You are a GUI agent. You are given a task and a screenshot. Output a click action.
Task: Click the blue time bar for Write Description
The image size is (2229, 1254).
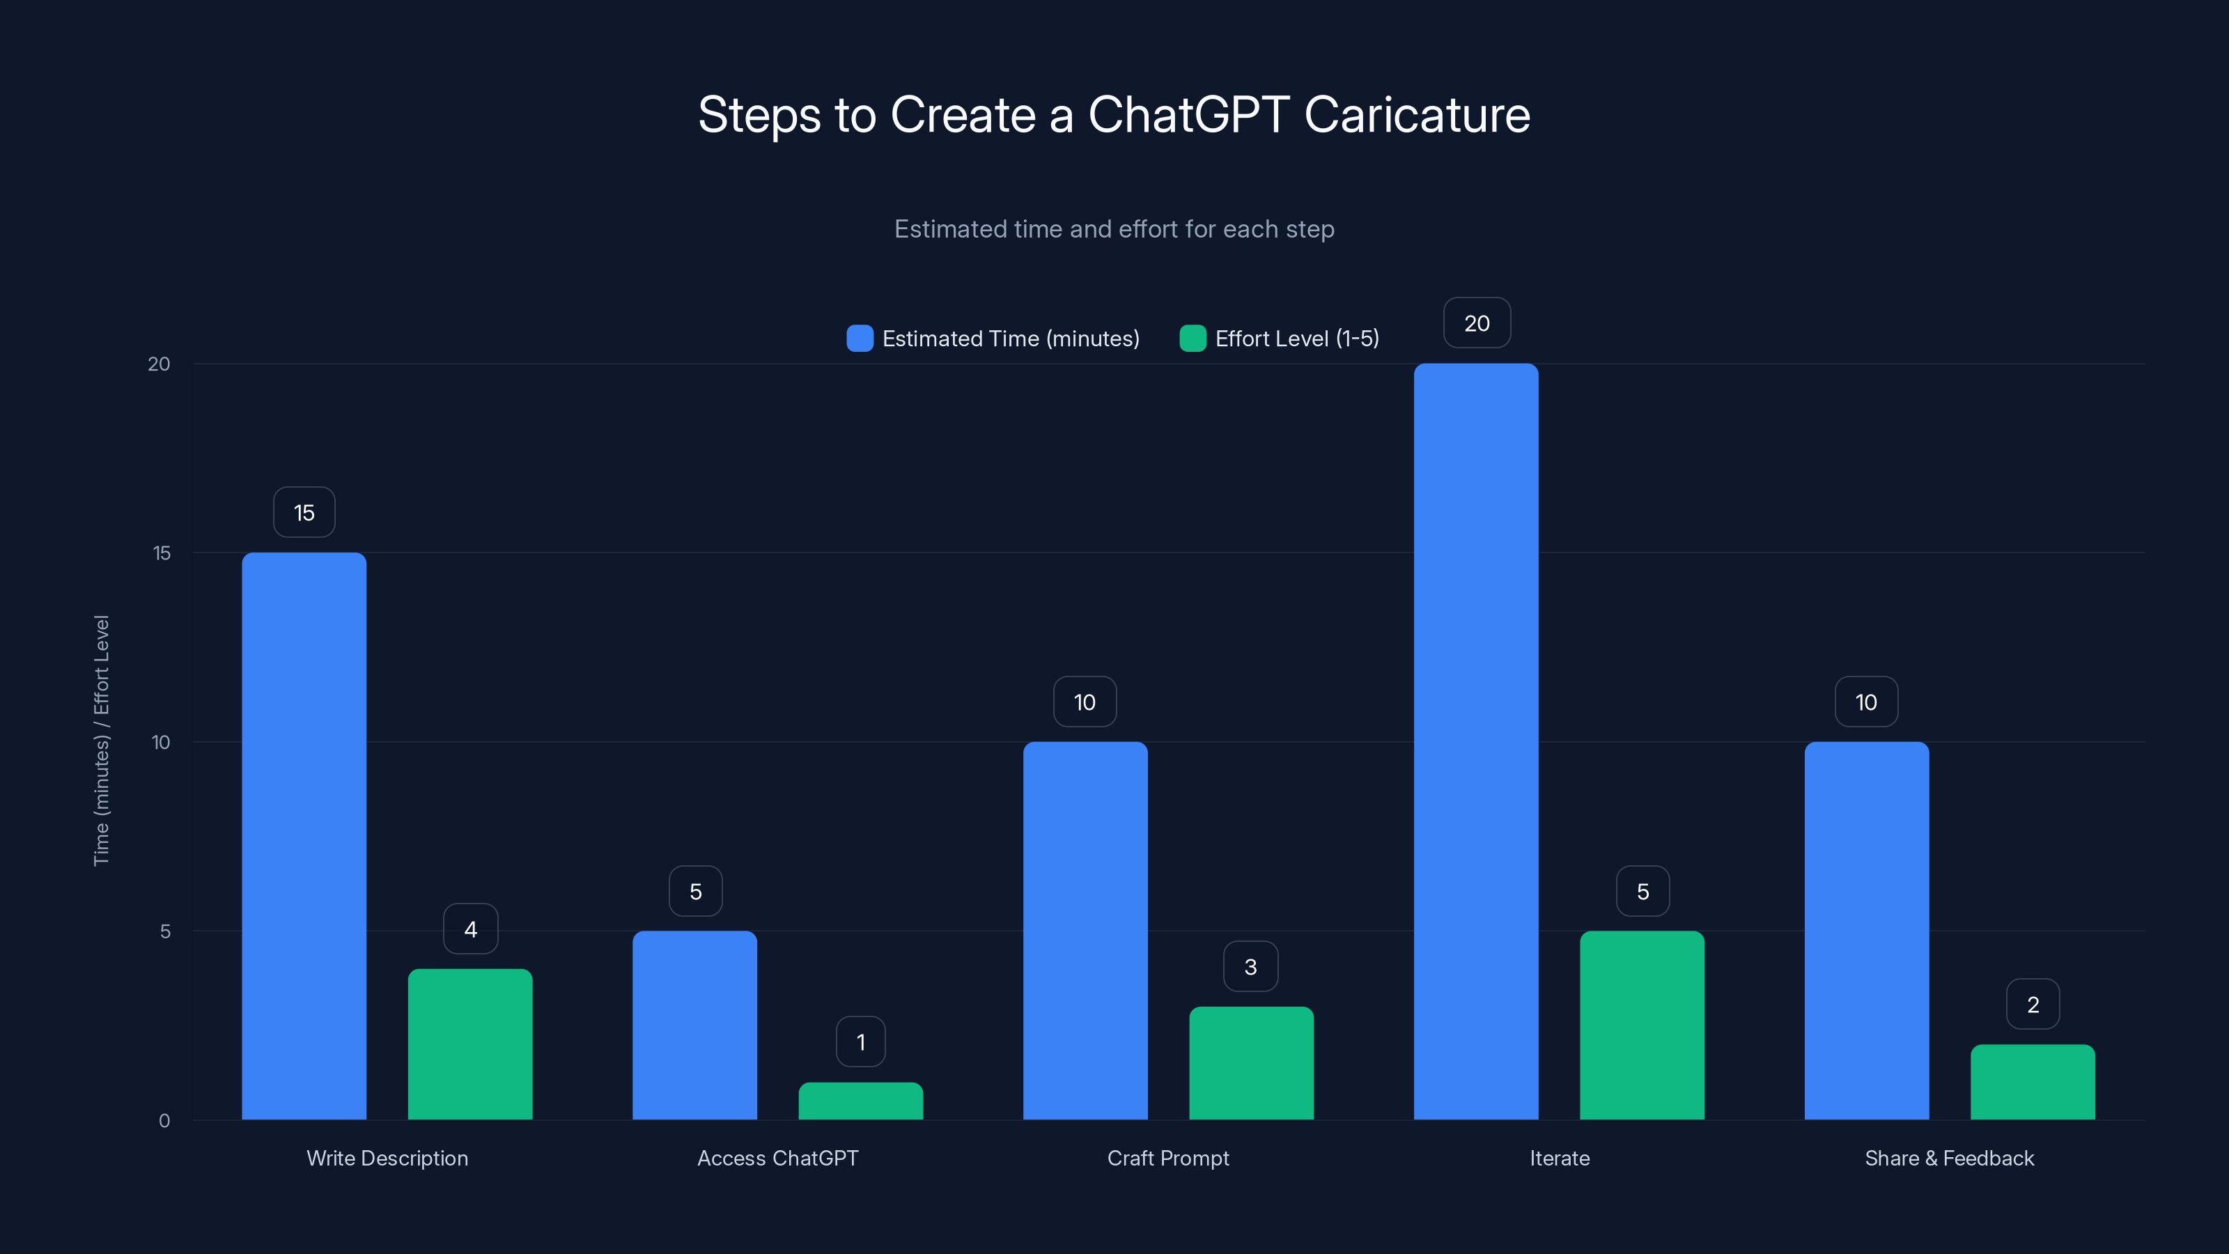click(x=304, y=836)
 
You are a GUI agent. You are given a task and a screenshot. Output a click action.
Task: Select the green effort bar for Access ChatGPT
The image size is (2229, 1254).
click(x=860, y=1101)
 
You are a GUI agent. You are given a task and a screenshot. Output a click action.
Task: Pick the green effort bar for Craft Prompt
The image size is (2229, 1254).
click(x=1251, y=1062)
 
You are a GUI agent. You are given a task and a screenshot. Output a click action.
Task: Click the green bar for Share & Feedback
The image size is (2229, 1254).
click(x=2033, y=1082)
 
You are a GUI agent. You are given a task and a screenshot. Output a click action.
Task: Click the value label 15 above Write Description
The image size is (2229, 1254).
click(x=304, y=512)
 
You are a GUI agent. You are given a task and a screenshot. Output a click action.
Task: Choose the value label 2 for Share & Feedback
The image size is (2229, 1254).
click(x=2033, y=1005)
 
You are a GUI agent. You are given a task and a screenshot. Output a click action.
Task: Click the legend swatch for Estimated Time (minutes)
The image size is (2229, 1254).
click(x=860, y=339)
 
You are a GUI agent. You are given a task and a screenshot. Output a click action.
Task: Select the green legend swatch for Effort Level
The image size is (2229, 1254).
click(x=1193, y=339)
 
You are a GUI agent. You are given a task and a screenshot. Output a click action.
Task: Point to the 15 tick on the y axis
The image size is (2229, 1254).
click(x=162, y=553)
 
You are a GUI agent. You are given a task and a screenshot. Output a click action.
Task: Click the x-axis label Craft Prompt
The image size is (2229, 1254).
click(x=1168, y=1158)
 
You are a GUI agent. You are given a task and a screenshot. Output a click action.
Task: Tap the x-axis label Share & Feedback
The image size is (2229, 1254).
click(x=1950, y=1158)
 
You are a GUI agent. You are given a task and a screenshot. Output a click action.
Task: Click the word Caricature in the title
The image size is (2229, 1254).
click(x=1417, y=114)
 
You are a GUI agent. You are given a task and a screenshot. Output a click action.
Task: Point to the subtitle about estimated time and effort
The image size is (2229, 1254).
click(x=1114, y=229)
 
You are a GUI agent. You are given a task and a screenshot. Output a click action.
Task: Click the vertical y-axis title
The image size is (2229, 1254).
click(x=101, y=740)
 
